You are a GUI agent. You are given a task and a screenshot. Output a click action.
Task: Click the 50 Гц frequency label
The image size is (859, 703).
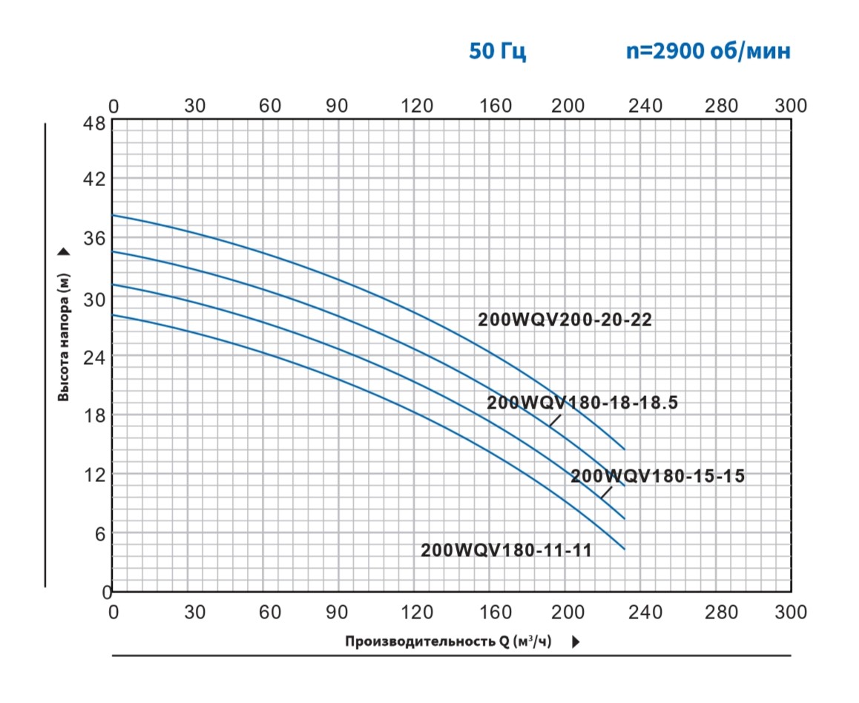(x=498, y=52)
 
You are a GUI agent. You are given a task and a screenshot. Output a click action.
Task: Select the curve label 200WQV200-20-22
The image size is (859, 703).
(x=565, y=320)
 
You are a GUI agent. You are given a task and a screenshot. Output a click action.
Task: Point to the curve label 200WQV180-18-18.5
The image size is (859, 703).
(x=582, y=403)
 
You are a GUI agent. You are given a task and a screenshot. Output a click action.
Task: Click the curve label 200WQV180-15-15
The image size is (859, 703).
(x=657, y=476)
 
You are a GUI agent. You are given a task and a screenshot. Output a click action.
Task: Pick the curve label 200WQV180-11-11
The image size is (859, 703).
(x=506, y=550)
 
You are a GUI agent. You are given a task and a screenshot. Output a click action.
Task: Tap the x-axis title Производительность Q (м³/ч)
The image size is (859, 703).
(x=449, y=641)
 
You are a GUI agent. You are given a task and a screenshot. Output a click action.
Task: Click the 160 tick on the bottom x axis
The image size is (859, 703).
(x=495, y=612)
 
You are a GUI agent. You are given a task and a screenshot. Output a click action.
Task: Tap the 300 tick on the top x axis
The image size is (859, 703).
(x=790, y=106)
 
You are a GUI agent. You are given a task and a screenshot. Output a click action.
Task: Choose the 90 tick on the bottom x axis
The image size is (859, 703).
(x=338, y=612)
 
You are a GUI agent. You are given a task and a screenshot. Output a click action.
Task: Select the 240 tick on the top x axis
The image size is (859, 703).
(x=645, y=106)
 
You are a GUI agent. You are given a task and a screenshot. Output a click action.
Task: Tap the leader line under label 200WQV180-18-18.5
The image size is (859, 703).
(x=556, y=420)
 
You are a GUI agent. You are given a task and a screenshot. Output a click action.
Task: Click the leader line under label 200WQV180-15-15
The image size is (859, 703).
(x=606, y=492)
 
